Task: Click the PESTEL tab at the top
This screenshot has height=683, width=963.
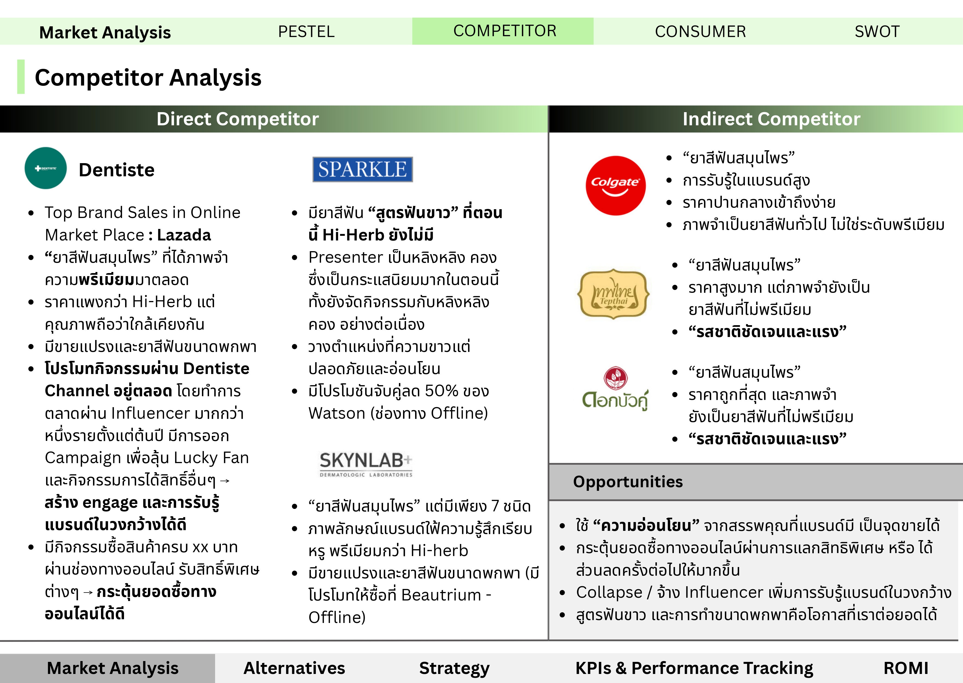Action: pos(306,32)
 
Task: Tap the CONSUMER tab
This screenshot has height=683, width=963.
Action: pos(700,32)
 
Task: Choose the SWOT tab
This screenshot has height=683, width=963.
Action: pos(877,32)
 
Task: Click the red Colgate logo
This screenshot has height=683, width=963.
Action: pos(615,185)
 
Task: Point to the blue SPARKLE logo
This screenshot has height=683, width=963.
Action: pos(363,169)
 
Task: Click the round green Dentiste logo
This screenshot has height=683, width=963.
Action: pos(46,168)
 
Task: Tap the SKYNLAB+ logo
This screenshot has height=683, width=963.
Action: pos(366,464)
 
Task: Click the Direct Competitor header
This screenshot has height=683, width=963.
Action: pos(238,119)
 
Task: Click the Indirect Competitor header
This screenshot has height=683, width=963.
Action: pos(771,119)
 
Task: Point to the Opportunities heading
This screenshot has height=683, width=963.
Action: pos(628,481)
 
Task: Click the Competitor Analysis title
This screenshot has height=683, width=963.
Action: pos(148,78)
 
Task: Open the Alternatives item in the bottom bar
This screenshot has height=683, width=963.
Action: pos(294,668)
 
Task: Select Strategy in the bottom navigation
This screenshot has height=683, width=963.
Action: pos(454,668)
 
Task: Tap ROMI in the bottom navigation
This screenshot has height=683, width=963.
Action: pos(906,668)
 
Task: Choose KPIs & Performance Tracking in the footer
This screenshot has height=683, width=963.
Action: pos(694,668)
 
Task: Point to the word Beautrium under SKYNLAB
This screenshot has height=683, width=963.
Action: pos(441,595)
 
